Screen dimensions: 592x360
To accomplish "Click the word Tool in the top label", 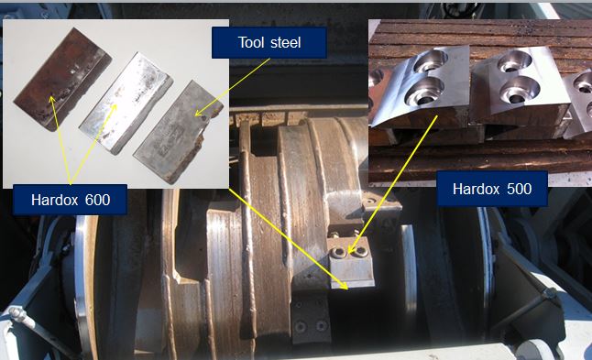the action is click(250, 42).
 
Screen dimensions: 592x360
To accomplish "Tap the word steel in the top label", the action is click(284, 42).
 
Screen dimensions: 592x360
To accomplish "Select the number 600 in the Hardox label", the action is click(97, 200).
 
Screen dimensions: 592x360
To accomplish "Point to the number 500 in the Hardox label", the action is click(519, 189).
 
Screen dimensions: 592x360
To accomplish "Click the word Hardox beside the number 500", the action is click(477, 189).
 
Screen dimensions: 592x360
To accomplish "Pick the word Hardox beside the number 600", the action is click(56, 200).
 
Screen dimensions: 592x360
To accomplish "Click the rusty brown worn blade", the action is click(62, 80).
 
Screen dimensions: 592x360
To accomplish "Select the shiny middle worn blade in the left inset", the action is click(126, 103).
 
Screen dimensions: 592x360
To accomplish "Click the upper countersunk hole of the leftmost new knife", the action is click(431, 61).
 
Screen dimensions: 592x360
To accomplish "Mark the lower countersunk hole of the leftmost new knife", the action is click(423, 92).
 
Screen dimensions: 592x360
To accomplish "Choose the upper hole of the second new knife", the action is click(515, 61).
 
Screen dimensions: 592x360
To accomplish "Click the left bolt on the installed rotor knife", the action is click(336, 252).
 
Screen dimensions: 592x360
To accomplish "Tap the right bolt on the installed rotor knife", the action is click(361, 251).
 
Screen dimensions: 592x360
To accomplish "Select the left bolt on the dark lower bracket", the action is click(301, 326).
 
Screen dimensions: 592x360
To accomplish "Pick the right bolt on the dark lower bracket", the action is click(322, 325).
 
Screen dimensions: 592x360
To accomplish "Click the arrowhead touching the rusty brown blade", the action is click(51, 100).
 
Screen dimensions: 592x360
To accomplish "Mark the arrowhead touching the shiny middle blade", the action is click(114, 107).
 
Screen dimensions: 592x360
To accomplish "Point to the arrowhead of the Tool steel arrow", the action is click(199, 113).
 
